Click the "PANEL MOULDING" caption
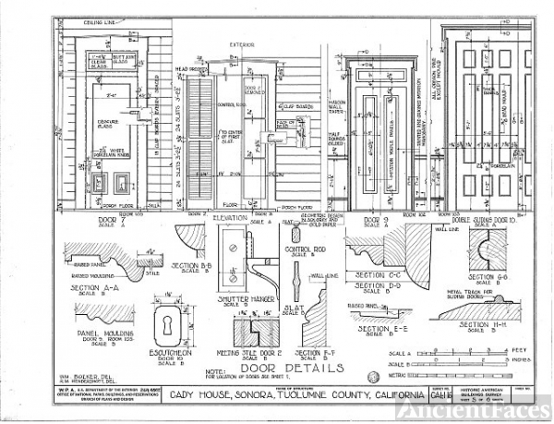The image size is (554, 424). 105,331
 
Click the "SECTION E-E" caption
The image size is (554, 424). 379,329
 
